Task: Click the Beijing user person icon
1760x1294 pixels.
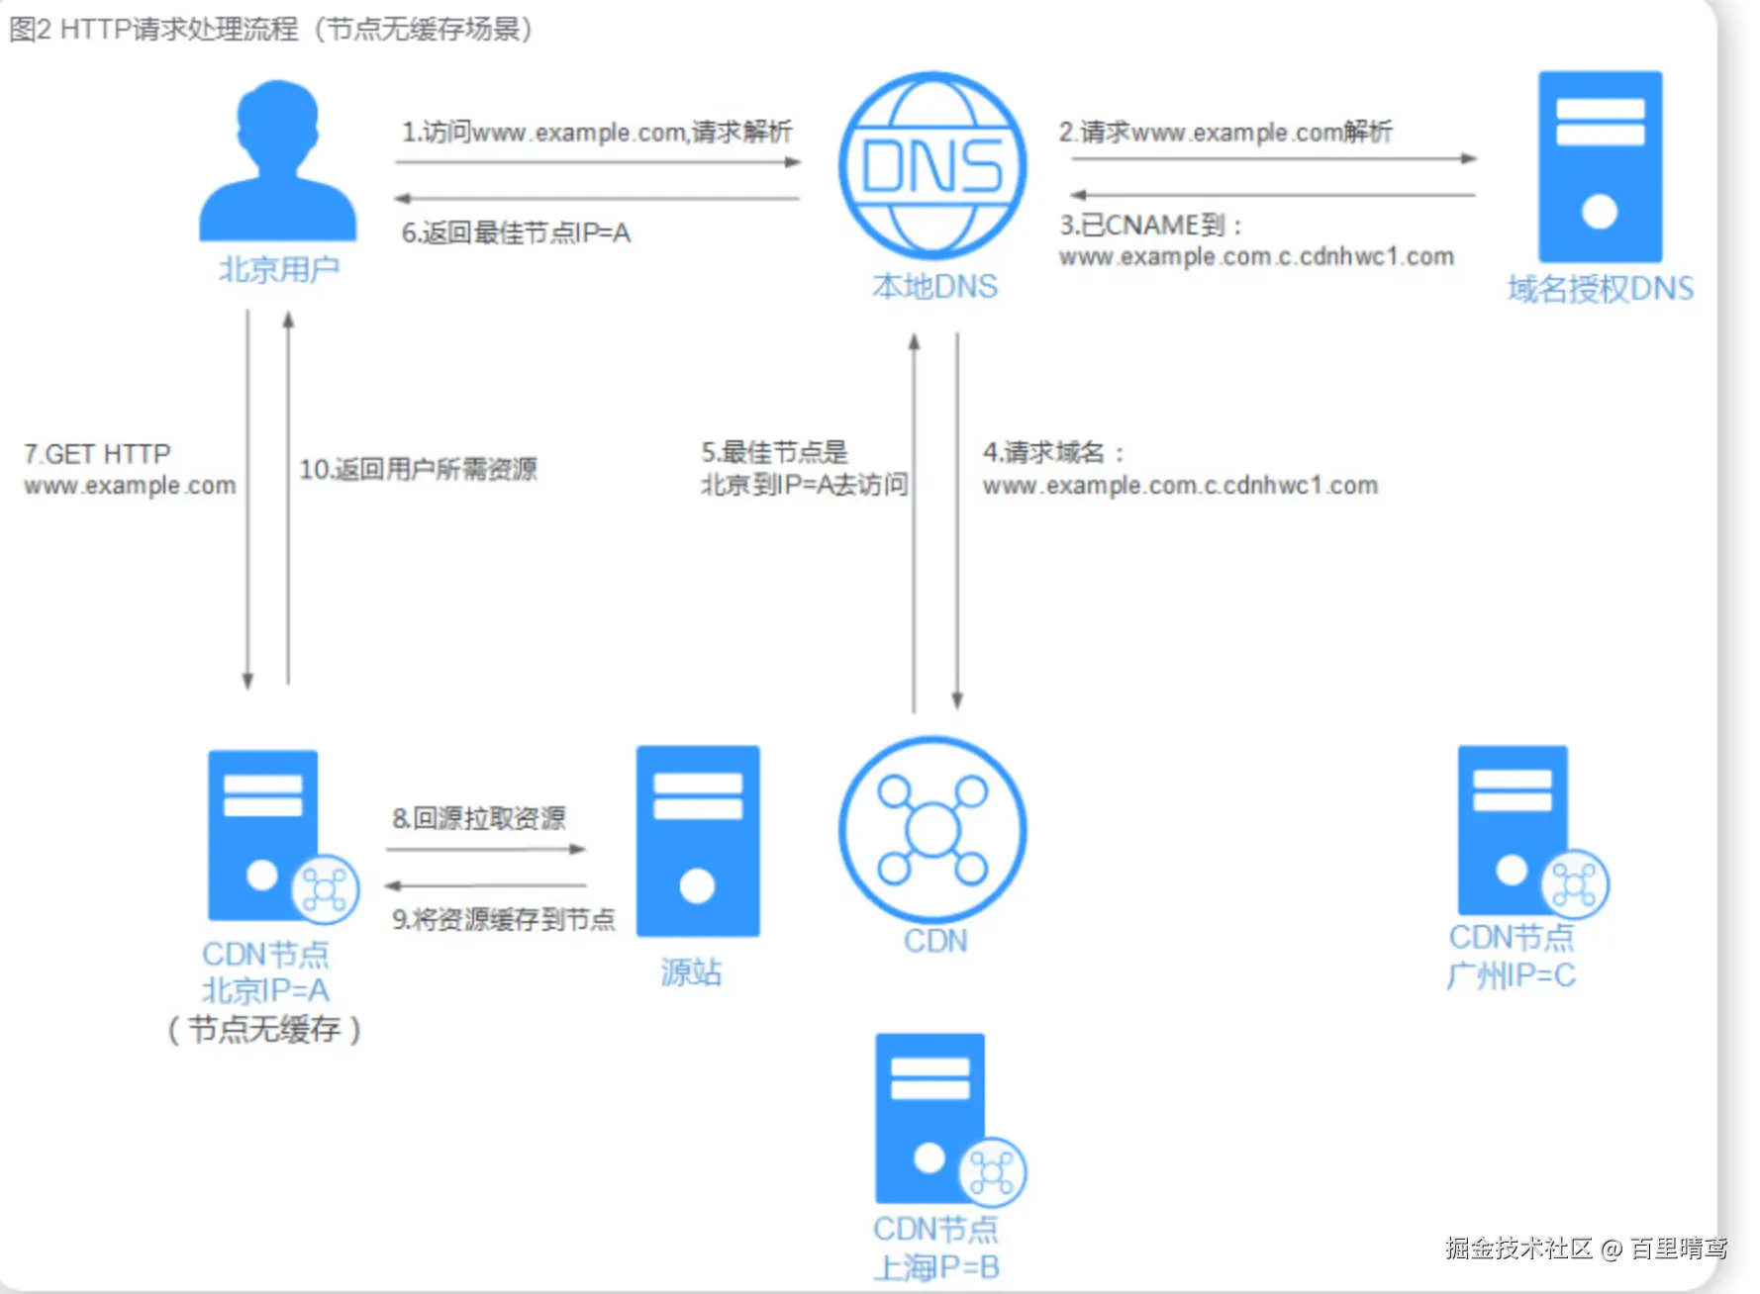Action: pyautogui.click(x=277, y=163)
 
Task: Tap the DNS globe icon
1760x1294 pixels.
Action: pyautogui.click(x=931, y=166)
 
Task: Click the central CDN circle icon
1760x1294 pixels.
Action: pyautogui.click(x=931, y=829)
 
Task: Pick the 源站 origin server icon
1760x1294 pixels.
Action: pyautogui.click(x=697, y=841)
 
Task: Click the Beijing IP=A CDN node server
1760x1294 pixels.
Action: pyautogui.click(x=265, y=836)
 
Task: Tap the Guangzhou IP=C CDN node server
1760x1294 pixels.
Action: pyautogui.click(x=1515, y=831)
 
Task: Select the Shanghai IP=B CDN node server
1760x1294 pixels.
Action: pyautogui.click(x=931, y=1118)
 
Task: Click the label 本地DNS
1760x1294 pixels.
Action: pyautogui.click(x=933, y=287)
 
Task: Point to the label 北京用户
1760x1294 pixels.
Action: pyautogui.click(x=278, y=269)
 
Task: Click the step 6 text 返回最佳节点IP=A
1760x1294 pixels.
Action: pyautogui.click(x=515, y=233)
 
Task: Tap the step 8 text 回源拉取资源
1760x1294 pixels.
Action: pyautogui.click(x=479, y=818)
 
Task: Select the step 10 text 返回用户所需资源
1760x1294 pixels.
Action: pyautogui.click(x=418, y=469)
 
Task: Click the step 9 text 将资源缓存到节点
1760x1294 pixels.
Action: pyautogui.click(x=503, y=920)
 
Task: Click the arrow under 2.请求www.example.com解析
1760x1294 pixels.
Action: pyautogui.click(x=1273, y=158)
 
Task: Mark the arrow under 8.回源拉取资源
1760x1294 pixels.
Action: pyautogui.click(x=485, y=849)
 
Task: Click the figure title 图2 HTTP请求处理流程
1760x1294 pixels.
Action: pyautogui.click(x=269, y=30)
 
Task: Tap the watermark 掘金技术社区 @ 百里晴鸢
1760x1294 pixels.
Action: pyautogui.click(x=1586, y=1248)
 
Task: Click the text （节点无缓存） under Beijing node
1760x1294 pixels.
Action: pyautogui.click(x=264, y=1030)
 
